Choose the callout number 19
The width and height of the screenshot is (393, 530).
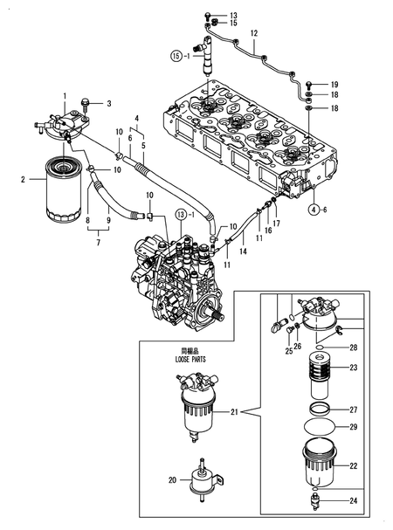click(334, 83)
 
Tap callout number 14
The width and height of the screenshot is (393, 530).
click(244, 251)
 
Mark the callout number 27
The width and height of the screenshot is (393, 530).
click(354, 409)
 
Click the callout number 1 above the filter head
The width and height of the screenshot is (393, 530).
click(64, 93)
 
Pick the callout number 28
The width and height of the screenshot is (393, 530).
click(354, 348)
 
